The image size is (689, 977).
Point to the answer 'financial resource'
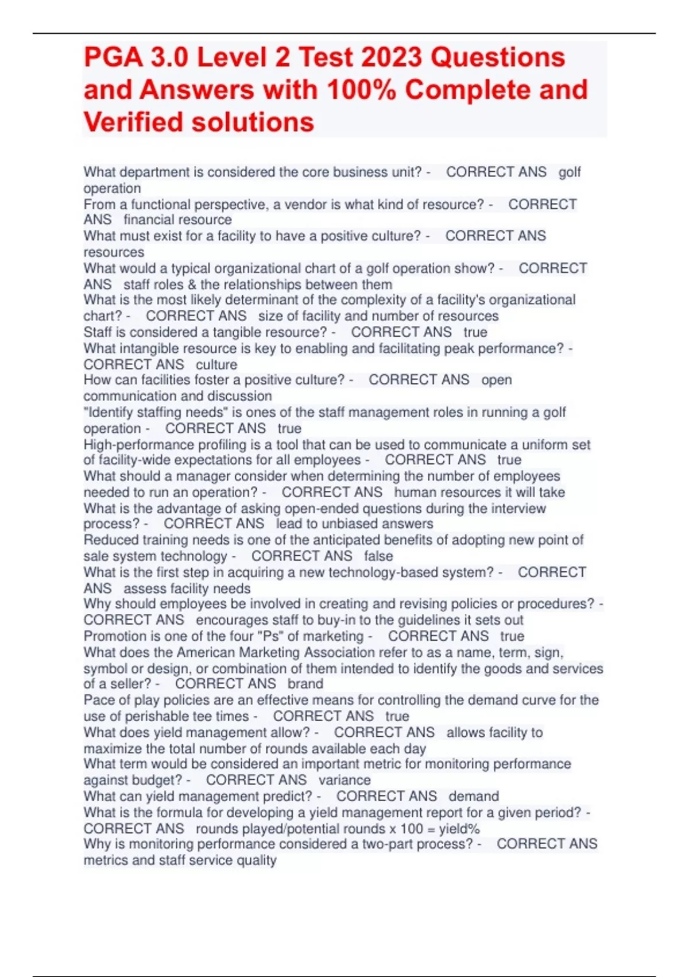pyautogui.click(x=177, y=220)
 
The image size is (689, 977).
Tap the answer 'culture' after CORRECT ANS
pyautogui.click(x=216, y=364)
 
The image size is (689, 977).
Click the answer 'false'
pyautogui.click(x=378, y=556)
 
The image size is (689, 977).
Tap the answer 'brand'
pyautogui.click(x=305, y=684)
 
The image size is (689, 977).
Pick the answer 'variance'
pyautogui.click(x=344, y=780)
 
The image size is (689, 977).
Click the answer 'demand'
pyautogui.click(x=474, y=796)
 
